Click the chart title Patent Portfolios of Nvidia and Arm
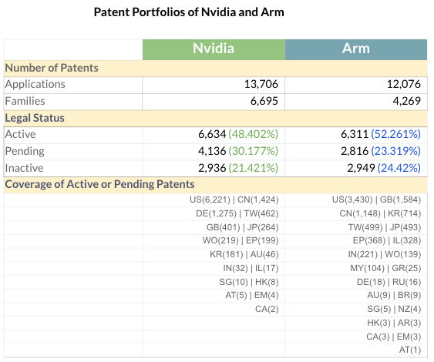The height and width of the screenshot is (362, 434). (189, 12)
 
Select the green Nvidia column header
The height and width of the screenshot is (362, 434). (214, 49)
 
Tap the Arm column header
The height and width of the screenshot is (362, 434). (356, 49)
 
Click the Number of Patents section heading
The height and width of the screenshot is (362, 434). (52, 68)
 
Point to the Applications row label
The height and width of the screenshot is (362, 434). (35, 85)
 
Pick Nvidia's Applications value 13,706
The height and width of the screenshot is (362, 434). (261, 84)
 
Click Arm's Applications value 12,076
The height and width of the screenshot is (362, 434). (404, 84)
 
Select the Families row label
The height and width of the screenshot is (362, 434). (25, 101)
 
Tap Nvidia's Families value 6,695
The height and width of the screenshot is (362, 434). (264, 101)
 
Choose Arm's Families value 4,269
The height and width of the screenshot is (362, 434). (406, 101)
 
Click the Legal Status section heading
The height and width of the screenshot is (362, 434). (35, 118)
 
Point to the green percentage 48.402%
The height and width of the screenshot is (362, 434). (254, 134)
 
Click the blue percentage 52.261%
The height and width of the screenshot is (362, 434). (395, 134)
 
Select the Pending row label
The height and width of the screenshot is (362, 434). (25, 151)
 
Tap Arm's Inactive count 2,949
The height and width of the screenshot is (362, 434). (361, 168)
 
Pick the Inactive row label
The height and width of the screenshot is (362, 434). (24, 168)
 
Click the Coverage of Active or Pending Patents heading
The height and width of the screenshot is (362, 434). (99, 184)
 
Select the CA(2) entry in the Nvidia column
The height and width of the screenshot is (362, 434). (267, 309)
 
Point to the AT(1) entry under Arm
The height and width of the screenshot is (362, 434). (410, 350)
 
